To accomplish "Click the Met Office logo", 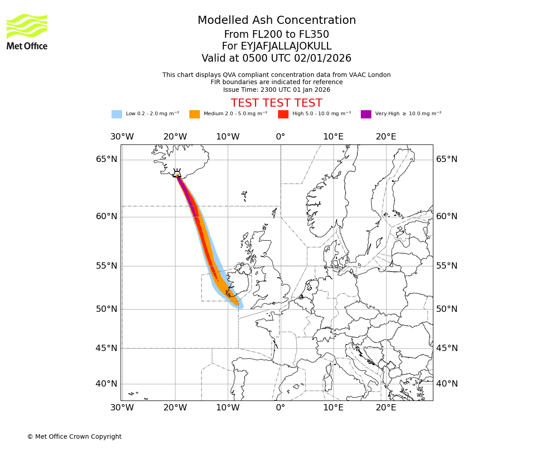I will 27,31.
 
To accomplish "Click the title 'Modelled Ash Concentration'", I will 276,21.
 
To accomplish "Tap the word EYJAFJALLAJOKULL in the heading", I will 287,46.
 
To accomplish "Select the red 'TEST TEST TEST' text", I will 276,103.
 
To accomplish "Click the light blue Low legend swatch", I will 117,114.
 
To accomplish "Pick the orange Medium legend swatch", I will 194,114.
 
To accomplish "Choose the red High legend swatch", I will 283,114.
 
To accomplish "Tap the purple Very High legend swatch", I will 366,114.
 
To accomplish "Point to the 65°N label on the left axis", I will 107,159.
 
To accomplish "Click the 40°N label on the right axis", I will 446,384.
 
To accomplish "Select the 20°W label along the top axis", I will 175,137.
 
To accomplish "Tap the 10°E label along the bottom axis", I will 333,408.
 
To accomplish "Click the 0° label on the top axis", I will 280,137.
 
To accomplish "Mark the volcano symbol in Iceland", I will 177,173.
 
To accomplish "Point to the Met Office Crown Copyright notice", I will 74,436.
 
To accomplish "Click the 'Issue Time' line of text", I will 276,90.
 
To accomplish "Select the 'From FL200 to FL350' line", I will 276,35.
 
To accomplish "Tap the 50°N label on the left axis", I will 107,309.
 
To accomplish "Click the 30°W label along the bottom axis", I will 122,408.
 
